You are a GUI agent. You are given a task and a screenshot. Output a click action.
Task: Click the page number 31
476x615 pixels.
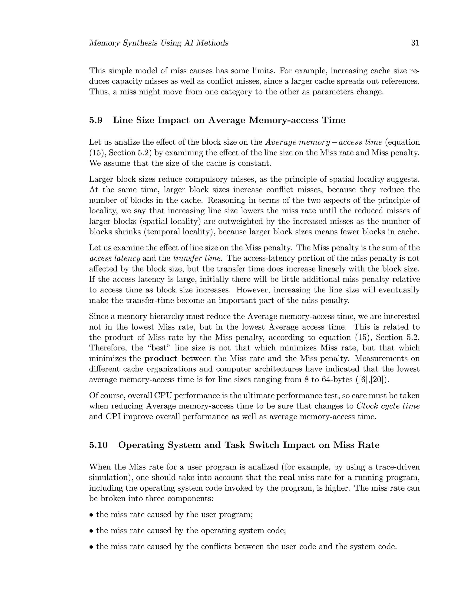click(x=415, y=43)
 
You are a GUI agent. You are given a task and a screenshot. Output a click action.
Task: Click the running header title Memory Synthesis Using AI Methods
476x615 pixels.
click(x=159, y=43)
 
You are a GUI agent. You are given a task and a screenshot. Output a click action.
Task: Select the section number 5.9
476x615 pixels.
click(x=96, y=120)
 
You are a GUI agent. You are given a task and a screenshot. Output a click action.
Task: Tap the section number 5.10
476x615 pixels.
click(x=98, y=445)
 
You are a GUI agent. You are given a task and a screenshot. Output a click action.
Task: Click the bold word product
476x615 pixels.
click(x=161, y=359)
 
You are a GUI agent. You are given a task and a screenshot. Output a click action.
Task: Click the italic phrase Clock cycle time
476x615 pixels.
click(x=388, y=406)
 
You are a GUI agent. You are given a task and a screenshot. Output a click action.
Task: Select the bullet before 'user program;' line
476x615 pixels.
click(x=91, y=515)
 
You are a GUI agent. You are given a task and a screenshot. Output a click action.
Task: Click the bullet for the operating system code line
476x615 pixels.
click(x=91, y=531)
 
